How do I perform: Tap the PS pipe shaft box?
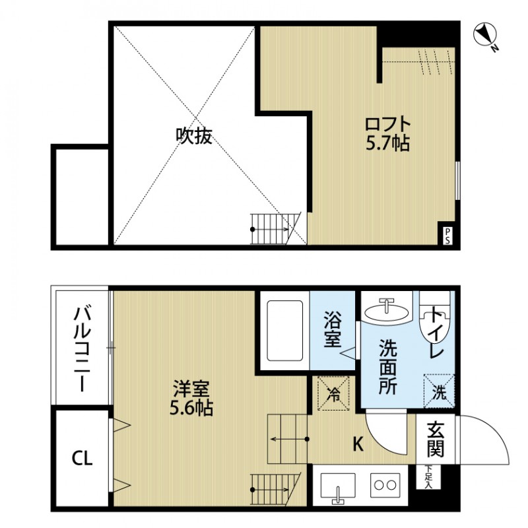click(x=447, y=236)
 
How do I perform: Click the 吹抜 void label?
click(x=193, y=136)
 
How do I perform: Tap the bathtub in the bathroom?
click(x=283, y=331)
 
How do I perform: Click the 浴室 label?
click(x=331, y=331)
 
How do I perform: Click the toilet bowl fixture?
click(x=436, y=322)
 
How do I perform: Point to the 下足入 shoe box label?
click(x=430, y=477)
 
